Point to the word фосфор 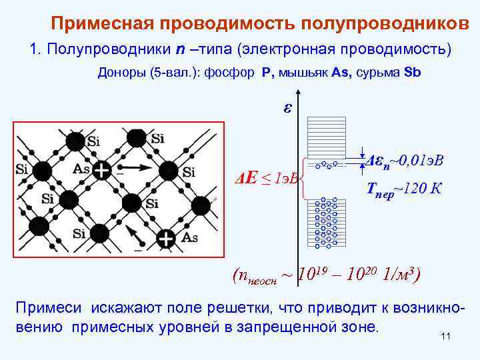click(233, 73)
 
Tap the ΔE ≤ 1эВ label click(269, 178)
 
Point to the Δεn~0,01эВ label click(405, 161)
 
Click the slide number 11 click(446, 337)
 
